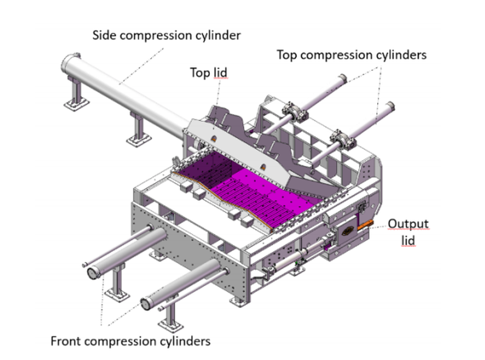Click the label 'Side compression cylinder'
point(166,35)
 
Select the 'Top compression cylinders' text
point(352,55)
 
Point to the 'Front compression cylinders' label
point(130,341)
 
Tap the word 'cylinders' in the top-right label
point(403,55)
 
